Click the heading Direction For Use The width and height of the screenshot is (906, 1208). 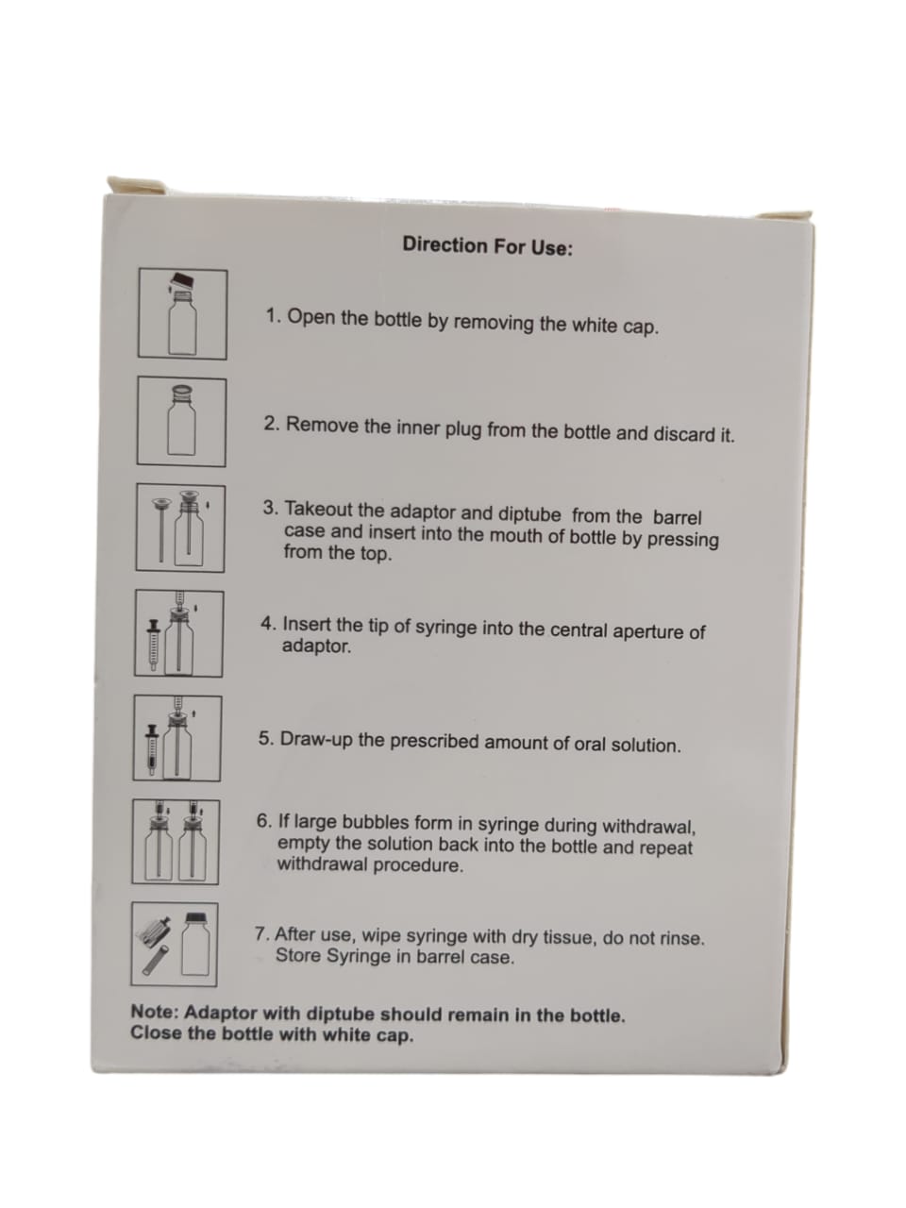click(x=487, y=245)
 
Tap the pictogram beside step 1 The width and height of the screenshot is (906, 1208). click(x=183, y=313)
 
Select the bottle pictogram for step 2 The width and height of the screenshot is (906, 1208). click(x=181, y=422)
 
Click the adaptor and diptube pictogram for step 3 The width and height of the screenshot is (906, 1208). click(x=180, y=528)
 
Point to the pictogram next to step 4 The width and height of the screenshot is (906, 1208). click(x=179, y=633)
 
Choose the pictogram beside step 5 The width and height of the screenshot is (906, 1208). click(x=177, y=738)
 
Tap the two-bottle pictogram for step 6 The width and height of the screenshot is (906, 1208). click(x=176, y=842)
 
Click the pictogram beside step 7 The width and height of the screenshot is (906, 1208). click(x=175, y=945)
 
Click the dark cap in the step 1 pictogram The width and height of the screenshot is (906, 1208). click(x=183, y=280)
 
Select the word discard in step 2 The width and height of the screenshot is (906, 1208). click(x=684, y=434)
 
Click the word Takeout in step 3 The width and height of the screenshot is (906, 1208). click(x=318, y=509)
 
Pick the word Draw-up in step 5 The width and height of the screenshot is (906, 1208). click(x=316, y=740)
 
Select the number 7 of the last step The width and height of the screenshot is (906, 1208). click(x=261, y=934)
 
